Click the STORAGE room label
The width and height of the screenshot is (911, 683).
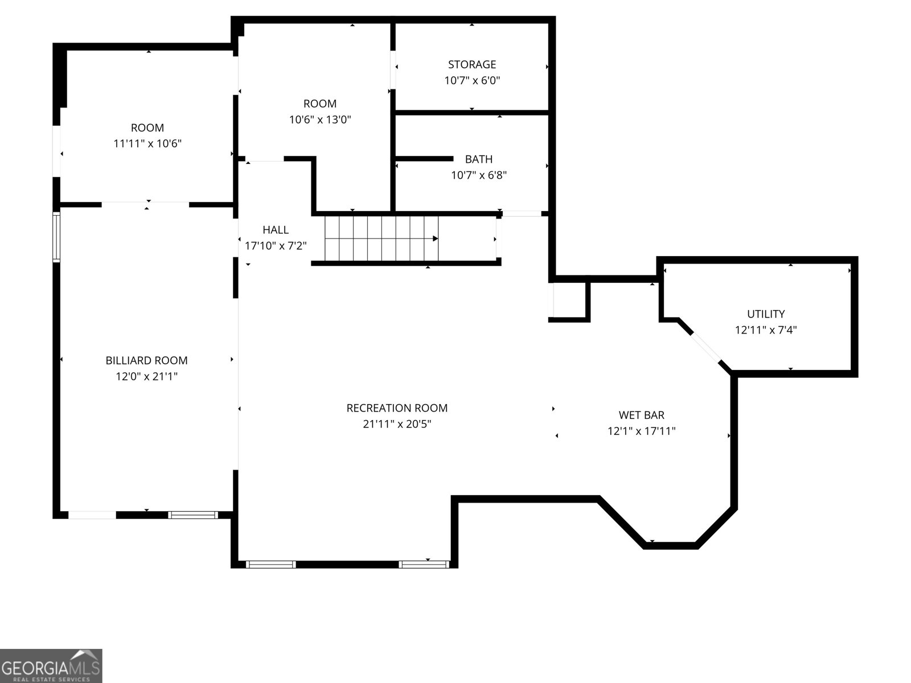click(x=471, y=64)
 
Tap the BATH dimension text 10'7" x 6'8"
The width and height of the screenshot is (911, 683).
click(x=479, y=175)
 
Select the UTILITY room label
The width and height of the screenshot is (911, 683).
click(x=766, y=314)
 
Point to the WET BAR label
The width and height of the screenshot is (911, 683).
click(x=641, y=415)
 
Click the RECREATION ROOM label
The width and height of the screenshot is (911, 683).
click(x=397, y=408)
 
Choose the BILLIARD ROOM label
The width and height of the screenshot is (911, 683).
click(x=146, y=360)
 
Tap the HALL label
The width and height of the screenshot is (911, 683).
click(x=276, y=230)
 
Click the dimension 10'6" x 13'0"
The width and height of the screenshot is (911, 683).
click(x=320, y=120)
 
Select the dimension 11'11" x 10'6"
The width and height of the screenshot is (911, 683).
click(x=147, y=143)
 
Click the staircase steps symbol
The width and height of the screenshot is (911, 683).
click(x=376, y=238)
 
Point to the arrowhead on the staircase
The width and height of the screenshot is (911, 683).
click(x=436, y=238)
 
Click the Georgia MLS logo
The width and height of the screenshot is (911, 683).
click(x=51, y=665)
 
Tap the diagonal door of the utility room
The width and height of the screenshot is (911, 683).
click(x=705, y=347)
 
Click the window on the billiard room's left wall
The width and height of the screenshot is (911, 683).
click(x=56, y=236)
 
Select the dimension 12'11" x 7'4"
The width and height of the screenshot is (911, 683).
click(x=766, y=330)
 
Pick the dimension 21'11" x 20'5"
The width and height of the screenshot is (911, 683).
click(x=397, y=424)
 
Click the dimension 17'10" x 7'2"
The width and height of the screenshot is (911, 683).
click(x=276, y=246)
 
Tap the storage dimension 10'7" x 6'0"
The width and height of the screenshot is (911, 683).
click(x=471, y=80)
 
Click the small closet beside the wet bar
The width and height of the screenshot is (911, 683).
click(x=569, y=299)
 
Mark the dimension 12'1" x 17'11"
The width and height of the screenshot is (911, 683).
click(x=641, y=431)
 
